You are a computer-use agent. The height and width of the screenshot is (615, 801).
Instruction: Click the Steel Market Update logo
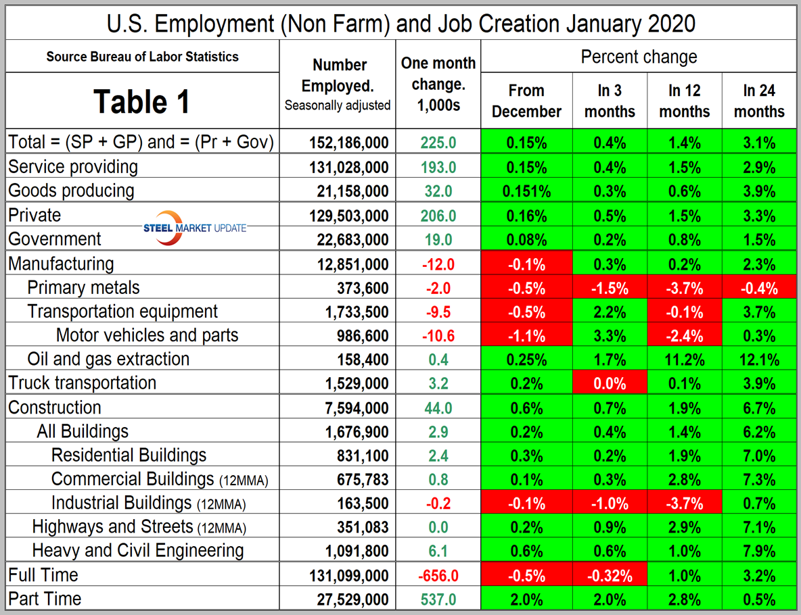point(194,228)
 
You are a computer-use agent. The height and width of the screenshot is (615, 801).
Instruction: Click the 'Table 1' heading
point(141,101)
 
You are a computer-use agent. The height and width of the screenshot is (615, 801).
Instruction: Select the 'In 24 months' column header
point(758,101)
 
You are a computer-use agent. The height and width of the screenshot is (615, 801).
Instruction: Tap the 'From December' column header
point(526,101)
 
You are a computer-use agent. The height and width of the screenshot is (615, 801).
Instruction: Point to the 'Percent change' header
point(638,57)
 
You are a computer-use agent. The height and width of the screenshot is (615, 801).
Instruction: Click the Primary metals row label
point(83,287)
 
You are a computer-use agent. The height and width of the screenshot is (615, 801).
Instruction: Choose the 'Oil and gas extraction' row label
point(108,358)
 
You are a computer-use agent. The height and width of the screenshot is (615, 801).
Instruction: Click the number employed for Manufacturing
point(348,264)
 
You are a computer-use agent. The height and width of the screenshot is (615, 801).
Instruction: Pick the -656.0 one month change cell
point(438,575)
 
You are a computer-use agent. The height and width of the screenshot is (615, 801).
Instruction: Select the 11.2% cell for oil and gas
point(684,359)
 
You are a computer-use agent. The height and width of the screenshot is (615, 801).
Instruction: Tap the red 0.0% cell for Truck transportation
point(610,383)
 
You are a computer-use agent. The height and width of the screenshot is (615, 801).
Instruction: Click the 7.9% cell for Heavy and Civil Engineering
point(758,551)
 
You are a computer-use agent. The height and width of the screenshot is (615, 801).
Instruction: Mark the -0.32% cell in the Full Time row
point(610,575)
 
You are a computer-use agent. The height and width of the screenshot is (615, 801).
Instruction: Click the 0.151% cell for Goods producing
point(526,191)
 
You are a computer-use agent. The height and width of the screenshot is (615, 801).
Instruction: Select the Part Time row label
point(45,598)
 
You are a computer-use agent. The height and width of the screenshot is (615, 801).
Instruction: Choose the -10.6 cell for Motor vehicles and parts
point(438,335)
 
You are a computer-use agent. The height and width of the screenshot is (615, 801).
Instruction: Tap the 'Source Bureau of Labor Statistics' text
point(142,57)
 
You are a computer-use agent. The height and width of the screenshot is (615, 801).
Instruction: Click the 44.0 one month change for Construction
point(438,408)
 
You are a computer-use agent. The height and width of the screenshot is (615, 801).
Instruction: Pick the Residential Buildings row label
point(129,455)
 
